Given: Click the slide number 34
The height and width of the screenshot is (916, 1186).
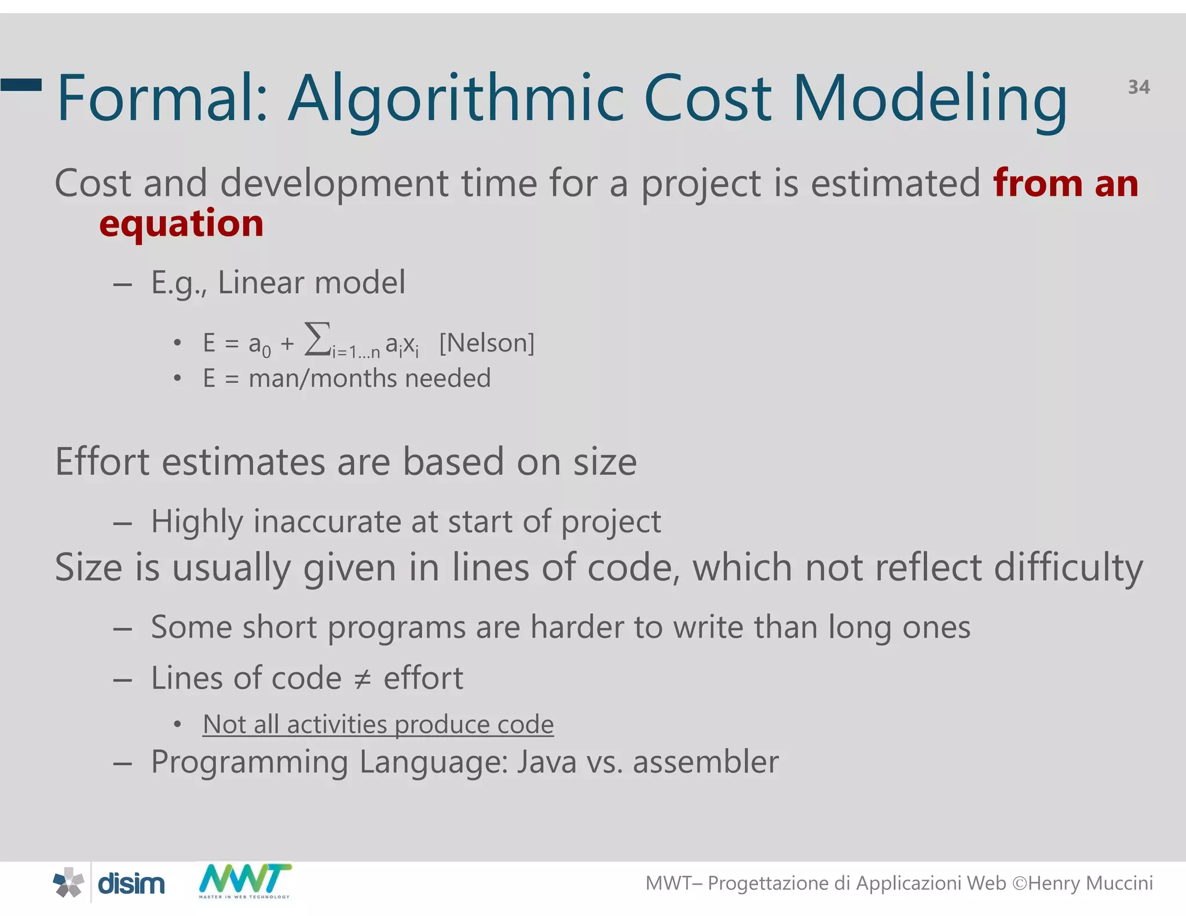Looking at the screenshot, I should point(1139,87).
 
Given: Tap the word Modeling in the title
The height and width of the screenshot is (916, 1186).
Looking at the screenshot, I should point(929,98).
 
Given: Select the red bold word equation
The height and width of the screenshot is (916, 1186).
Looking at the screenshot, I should point(181,223).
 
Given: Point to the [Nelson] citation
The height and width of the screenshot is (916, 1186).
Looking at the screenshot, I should point(486,343).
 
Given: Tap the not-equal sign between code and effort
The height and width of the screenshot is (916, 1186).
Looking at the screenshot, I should point(363,679).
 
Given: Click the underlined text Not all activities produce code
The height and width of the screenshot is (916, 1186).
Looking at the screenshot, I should point(378,724).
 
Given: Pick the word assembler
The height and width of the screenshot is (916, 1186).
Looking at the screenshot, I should point(705,762).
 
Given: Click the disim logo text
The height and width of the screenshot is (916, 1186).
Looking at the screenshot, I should point(131,884).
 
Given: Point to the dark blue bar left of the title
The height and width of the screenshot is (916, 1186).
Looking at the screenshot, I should point(21,85).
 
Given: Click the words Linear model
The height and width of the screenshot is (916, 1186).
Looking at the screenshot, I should point(312,283).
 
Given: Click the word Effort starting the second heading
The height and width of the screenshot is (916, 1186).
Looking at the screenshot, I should point(103,462).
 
